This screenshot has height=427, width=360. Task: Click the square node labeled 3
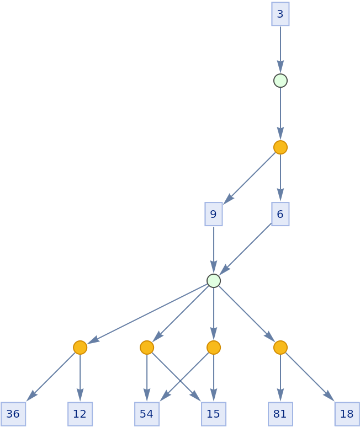coord(280,14)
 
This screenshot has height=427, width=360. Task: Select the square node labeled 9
coord(214,214)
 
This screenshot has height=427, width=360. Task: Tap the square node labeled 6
coord(280,214)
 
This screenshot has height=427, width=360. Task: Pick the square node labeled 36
coord(13,414)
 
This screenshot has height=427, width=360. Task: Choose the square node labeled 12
coord(80,414)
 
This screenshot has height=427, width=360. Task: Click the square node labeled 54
coord(147,414)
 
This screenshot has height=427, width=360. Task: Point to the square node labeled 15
coord(214,414)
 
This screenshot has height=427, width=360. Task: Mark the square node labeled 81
coord(280,414)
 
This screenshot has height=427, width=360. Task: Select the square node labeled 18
coord(347,414)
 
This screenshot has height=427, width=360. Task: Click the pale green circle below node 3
coord(280,81)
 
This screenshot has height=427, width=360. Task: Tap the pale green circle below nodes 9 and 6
coord(214,281)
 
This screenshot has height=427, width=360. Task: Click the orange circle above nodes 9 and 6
coord(280,147)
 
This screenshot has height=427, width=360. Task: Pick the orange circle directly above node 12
coord(80,348)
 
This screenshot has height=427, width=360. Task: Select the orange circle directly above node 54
coord(147,348)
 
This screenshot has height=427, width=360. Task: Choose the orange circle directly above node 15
coord(214,348)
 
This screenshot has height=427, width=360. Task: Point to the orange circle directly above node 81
coord(280,348)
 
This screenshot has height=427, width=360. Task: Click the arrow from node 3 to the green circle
coord(280,50)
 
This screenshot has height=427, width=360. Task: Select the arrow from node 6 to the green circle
coord(246,249)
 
